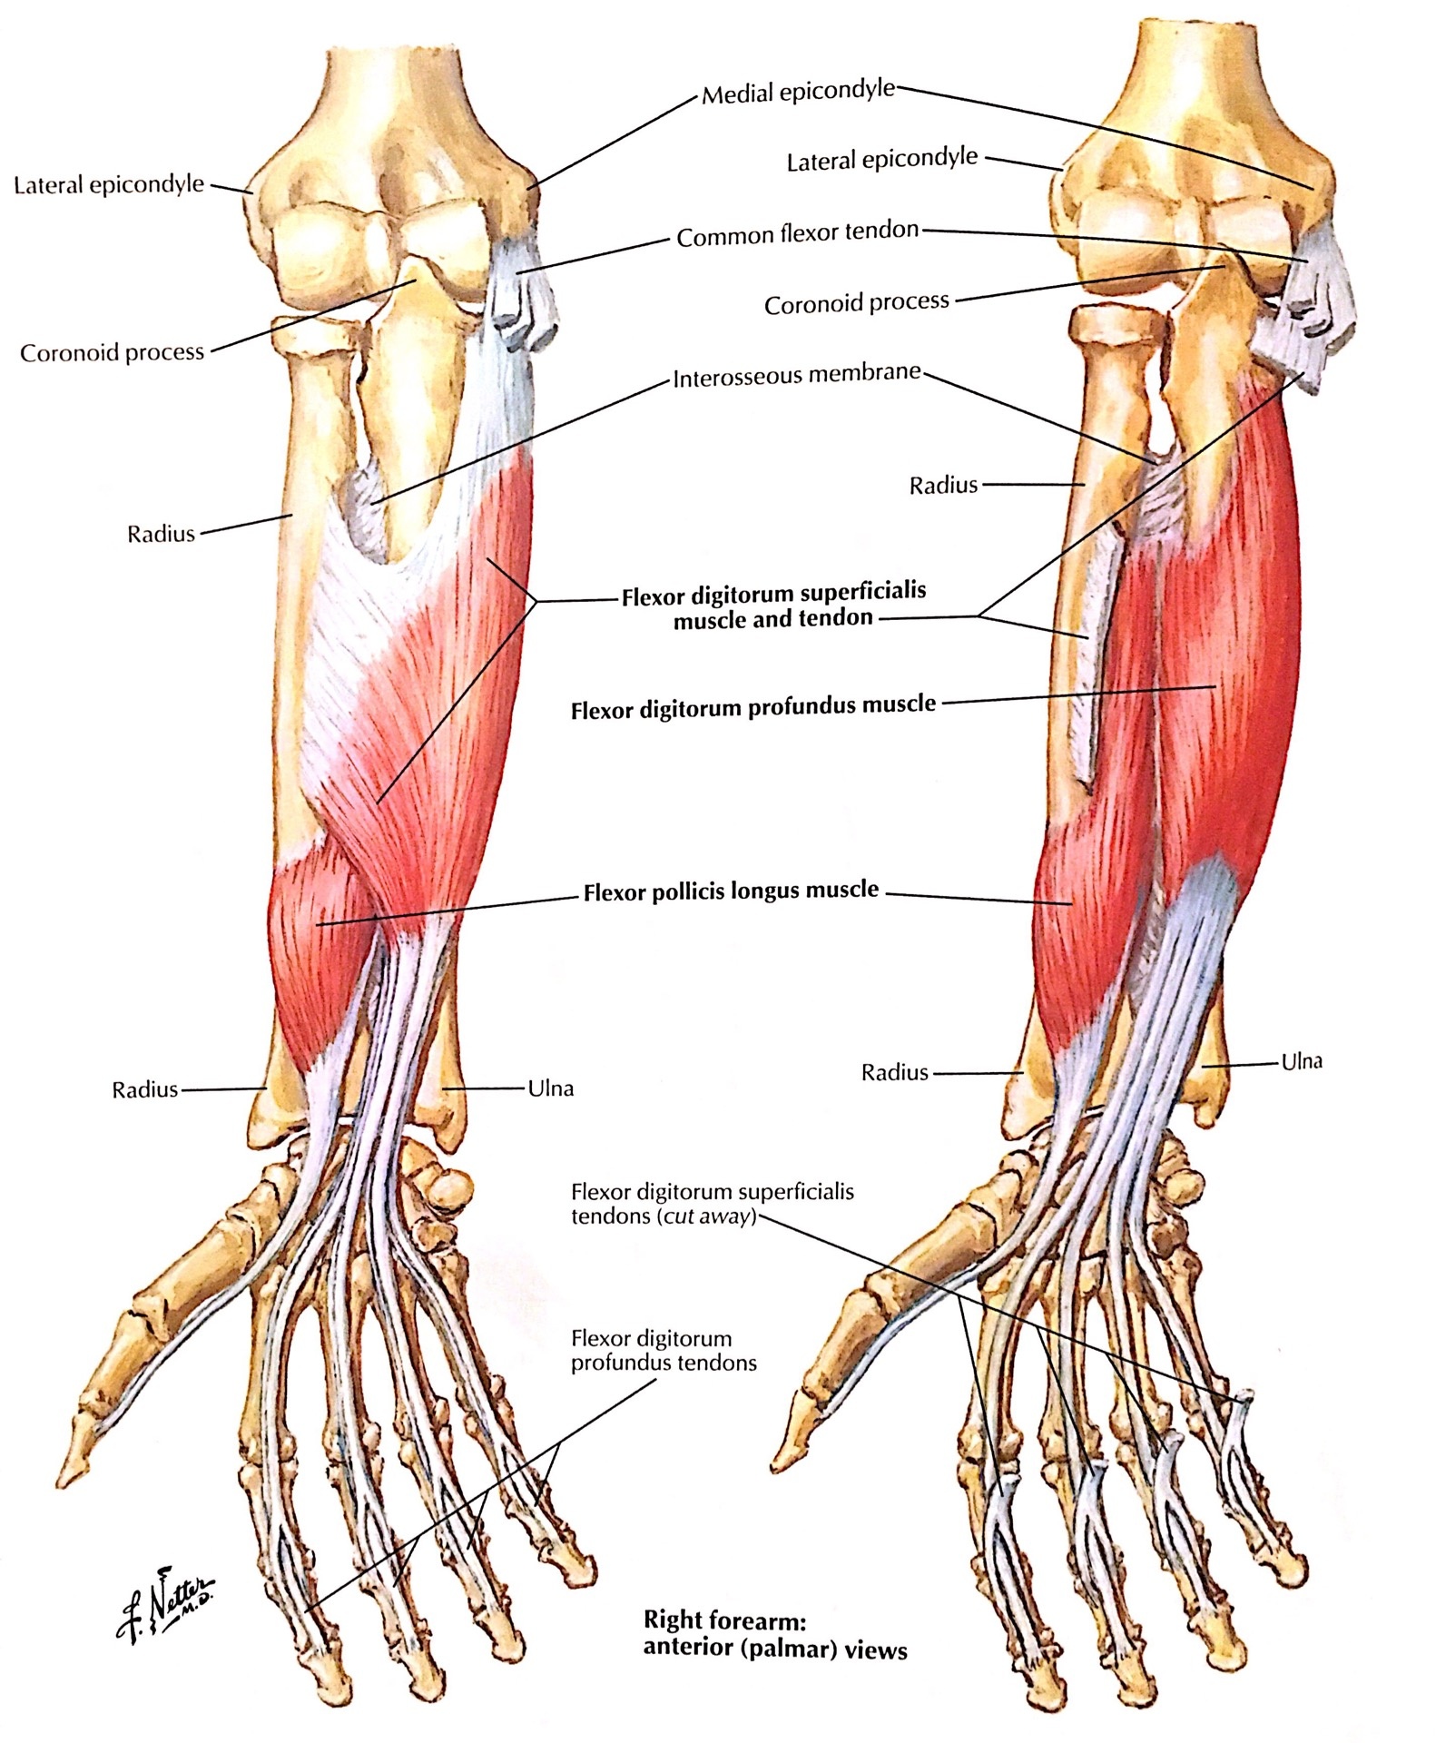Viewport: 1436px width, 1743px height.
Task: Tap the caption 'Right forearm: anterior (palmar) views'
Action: point(775,1635)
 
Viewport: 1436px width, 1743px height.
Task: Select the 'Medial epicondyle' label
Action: point(798,92)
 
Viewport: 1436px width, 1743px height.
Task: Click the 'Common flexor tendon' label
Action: point(798,234)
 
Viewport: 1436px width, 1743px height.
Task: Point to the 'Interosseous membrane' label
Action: point(797,375)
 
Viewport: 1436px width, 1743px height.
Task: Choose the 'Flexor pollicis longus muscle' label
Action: point(731,891)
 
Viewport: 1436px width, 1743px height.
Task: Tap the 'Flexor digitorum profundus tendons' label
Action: point(664,1350)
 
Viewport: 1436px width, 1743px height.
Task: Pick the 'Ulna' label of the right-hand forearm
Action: point(1301,1060)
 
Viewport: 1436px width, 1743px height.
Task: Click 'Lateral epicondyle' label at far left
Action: point(109,185)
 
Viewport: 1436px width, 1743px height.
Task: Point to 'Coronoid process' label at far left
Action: point(113,352)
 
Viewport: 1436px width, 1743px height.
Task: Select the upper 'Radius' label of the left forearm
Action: point(161,533)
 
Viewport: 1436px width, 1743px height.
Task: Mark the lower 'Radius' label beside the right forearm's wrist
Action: point(895,1072)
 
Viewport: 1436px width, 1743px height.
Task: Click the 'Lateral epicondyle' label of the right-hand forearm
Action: point(882,160)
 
